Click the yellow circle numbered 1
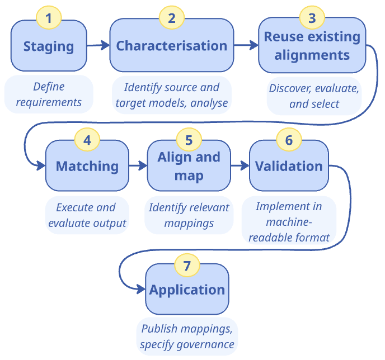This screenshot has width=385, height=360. click(49, 18)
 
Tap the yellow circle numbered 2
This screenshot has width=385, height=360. click(171, 18)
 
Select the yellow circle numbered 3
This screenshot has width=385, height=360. click(312, 18)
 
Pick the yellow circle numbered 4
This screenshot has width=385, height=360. click(87, 140)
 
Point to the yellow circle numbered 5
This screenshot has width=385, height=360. click(189, 140)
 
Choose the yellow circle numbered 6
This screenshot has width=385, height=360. click(289, 140)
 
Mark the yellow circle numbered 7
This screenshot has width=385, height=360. click(187, 263)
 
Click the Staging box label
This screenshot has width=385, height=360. click(49, 46)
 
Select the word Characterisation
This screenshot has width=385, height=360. click(171, 46)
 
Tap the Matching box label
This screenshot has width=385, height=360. click(87, 166)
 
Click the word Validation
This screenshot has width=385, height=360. click(289, 166)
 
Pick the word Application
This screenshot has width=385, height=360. click(187, 290)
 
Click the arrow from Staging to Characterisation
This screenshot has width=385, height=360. click(98, 45)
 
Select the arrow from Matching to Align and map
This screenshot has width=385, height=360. click(138, 166)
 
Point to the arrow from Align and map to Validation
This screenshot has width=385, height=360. click(240, 166)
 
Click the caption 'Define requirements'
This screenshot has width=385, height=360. click(49, 94)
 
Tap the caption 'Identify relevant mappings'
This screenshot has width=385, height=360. click(189, 215)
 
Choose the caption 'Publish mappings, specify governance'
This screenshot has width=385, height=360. click(187, 337)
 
